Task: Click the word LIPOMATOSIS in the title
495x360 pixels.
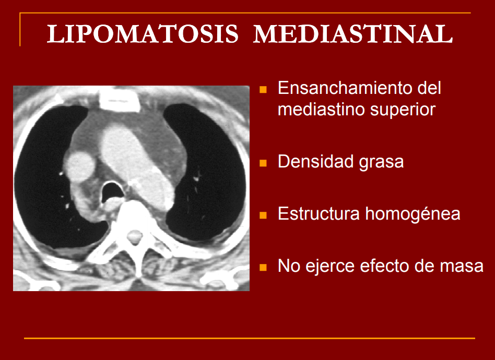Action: pos(143,34)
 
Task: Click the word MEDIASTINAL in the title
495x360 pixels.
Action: pos(353,34)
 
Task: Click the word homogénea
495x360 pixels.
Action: pos(412,213)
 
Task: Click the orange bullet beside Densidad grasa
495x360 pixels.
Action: pos(263,163)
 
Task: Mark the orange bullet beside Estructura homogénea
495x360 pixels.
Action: pos(263,215)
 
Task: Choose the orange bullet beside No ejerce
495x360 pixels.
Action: pos(263,268)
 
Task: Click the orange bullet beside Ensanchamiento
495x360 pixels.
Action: pos(263,89)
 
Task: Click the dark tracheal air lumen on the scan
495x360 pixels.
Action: pos(112,191)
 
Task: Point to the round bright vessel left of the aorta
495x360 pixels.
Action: pos(79,166)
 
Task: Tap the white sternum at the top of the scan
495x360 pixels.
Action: pos(119,100)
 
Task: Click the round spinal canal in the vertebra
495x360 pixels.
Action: pos(135,237)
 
